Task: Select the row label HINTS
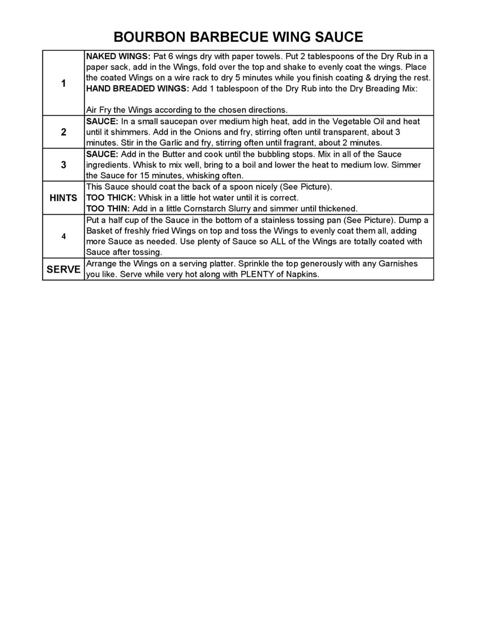point(63,198)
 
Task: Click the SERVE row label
point(63,269)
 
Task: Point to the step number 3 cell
point(63,165)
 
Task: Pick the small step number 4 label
point(63,236)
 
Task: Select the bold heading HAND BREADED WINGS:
point(138,88)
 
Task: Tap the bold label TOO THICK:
point(111,198)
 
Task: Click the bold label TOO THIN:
point(108,209)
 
